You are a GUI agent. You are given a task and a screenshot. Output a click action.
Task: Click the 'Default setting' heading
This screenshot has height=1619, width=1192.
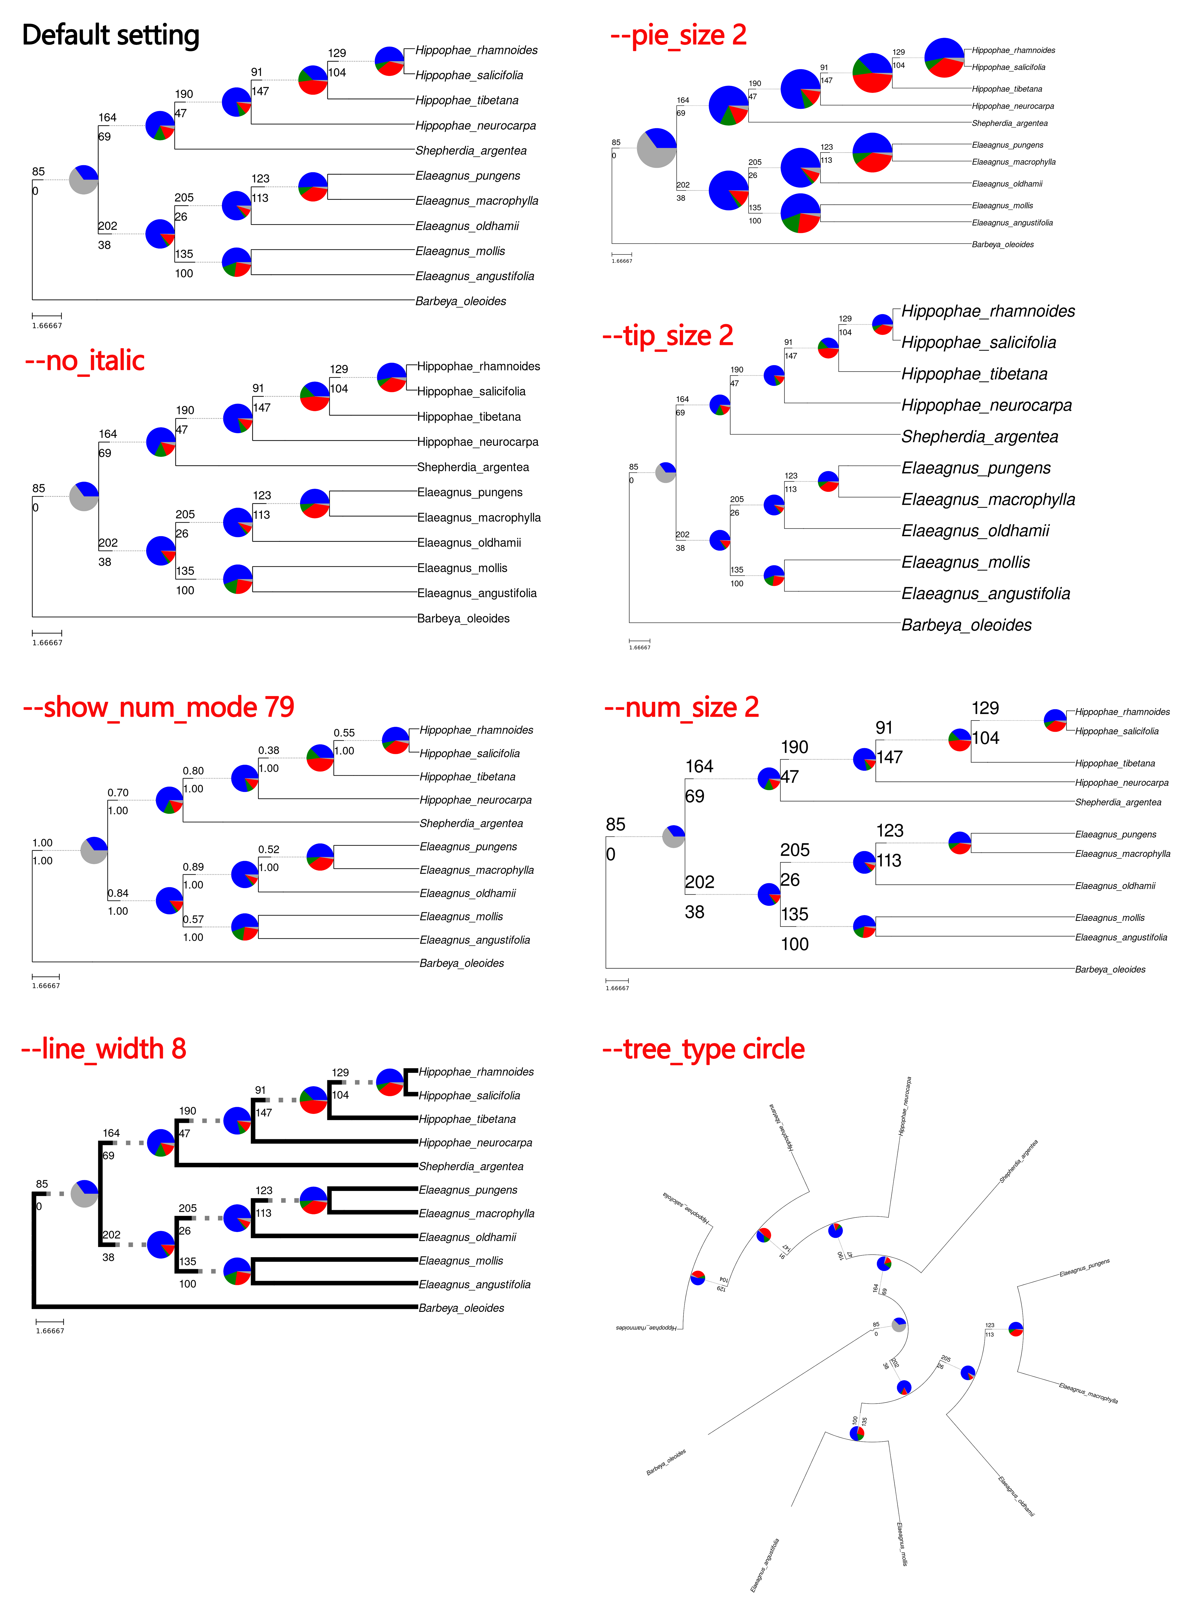pyautogui.click(x=110, y=35)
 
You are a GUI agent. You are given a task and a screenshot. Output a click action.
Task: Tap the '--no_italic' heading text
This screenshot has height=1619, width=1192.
pyautogui.click(x=84, y=360)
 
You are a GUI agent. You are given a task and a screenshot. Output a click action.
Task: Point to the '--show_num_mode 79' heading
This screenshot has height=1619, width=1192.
pyautogui.click(x=158, y=707)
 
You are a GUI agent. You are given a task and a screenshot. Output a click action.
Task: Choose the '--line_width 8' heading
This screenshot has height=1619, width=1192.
pyautogui.click(x=103, y=1048)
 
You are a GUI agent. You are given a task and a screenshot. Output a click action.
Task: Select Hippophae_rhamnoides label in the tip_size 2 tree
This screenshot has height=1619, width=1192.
pyautogui.click(x=988, y=311)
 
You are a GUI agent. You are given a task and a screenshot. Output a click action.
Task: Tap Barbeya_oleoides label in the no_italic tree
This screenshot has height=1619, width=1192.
pyautogui.click(x=463, y=618)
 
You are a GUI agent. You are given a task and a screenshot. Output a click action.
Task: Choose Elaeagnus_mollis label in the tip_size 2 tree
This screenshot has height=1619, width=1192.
pyautogui.click(x=965, y=562)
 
